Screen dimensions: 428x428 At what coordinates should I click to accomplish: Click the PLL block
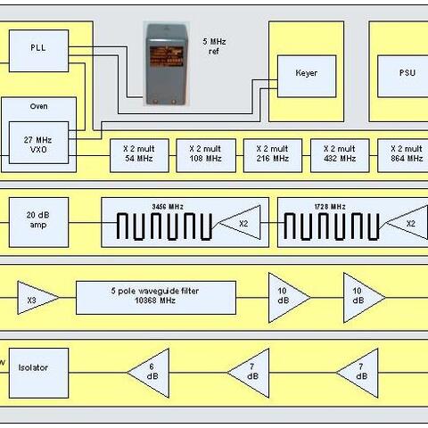click(38, 51)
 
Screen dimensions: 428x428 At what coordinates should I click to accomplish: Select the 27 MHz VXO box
click(38, 143)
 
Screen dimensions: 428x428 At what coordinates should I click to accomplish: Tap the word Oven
click(38, 106)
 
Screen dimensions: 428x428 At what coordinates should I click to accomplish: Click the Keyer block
click(307, 76)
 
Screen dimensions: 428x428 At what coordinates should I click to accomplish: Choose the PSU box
click(403, 76)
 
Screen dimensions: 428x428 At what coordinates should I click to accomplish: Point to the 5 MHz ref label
click(214, 46)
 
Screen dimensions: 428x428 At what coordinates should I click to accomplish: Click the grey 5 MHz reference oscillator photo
click(166, 64)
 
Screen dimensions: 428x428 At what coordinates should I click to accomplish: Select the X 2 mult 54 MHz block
click(139, 155)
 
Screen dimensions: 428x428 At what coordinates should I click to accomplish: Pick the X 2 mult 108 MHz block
click(206, 155)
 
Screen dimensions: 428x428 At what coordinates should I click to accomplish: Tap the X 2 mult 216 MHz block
click(273, 155)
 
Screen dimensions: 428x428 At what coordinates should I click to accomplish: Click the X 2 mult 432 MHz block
click(340, 155)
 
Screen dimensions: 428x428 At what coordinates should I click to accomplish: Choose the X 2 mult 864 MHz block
click(403, 155)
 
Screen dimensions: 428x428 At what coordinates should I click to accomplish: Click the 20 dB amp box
click(38, 222)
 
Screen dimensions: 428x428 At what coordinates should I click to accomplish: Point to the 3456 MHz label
click(168, 207)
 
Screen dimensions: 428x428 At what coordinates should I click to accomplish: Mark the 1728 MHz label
click(330, 207)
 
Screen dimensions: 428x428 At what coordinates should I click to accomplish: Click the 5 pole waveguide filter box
click(156, 298)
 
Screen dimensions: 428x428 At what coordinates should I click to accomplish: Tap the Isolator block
click(38, 373)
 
